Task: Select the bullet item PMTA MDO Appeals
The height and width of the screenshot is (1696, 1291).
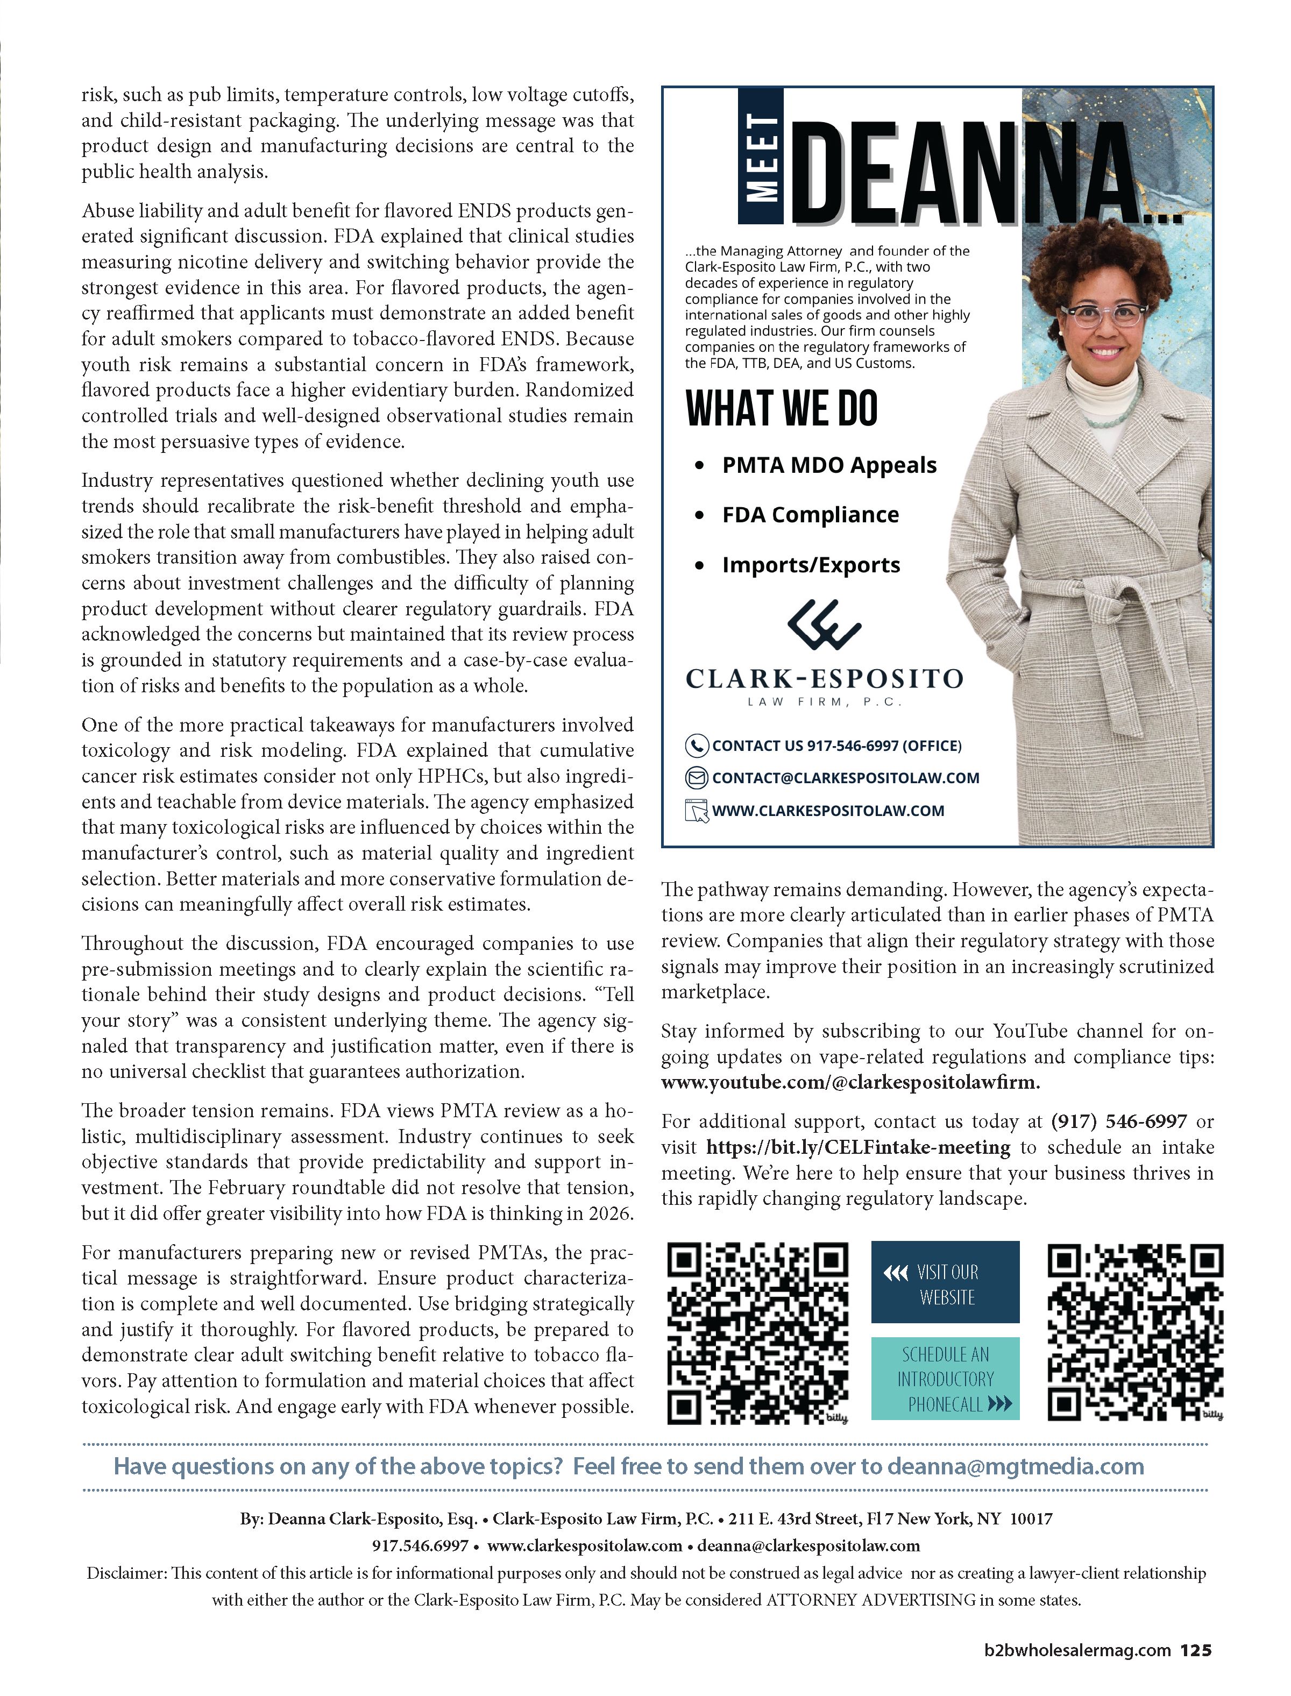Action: click(829, 466)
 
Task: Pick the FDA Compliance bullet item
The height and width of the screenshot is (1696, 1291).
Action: click(810, 515)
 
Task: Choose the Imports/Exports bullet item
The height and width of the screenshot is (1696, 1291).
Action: click(811, 565)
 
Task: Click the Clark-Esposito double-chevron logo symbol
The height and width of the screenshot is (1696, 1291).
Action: click(824, 624)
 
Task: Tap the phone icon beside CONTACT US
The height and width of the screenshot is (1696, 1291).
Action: click(696, 746)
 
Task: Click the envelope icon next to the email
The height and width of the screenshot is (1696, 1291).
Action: click(696, 778)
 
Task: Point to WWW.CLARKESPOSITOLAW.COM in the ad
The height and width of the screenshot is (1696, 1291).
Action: click(828, 811)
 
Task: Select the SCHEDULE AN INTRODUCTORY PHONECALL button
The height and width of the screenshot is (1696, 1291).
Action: click(945, 1379)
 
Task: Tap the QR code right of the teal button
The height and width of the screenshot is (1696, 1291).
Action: click(1135, 1332)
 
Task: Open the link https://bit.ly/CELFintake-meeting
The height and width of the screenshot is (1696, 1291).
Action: click(857, 1147)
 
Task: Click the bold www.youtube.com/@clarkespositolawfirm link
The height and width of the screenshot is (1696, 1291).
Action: click(850, 1083)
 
